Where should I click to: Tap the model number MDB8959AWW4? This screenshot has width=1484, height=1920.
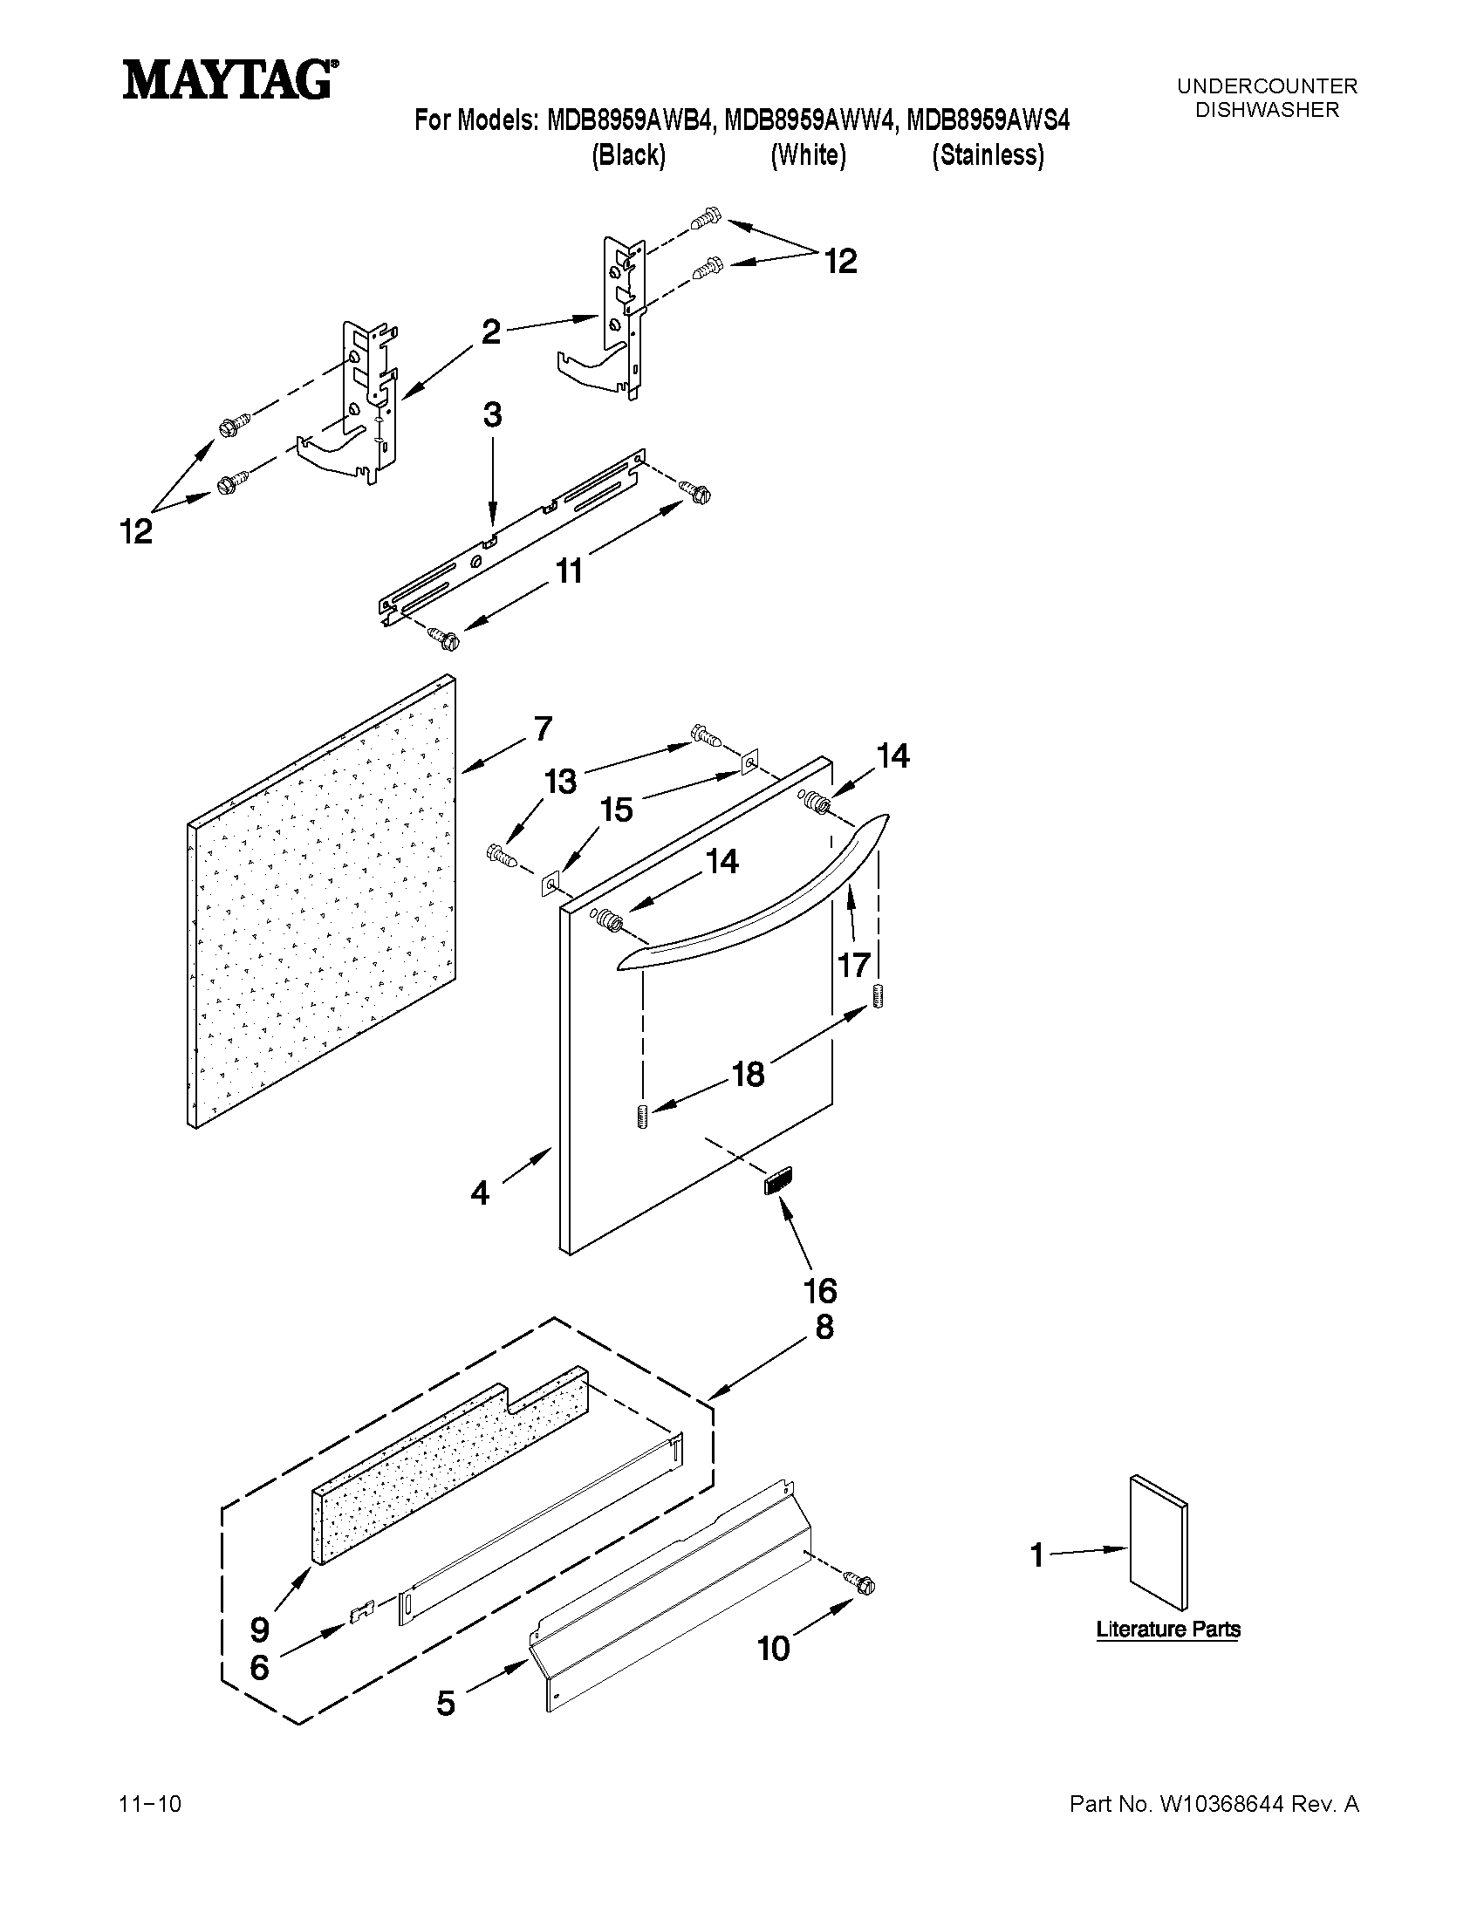pyautogui.click(x=810, y=120)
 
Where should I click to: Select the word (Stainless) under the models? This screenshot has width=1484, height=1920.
pyautogui.click(x=988, y=155)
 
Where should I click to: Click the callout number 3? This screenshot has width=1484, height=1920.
pyautogui.click(x=492, y=415)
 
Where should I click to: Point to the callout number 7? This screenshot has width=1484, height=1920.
pyautogui.click(x=543, y=728)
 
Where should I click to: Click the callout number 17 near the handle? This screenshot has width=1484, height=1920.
pyautogui.click(x=853, y=966)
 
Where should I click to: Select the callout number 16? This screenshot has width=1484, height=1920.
pyautogui.click(x=819, y=1290)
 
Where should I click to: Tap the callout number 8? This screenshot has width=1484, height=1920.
pyautogui.click(x=824, y=1327)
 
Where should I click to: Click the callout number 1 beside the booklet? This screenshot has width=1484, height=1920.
pyautogui.click(x=1037, y=1555)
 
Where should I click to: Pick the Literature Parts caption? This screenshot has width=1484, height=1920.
pyautogui.click(x=1167, y=1629)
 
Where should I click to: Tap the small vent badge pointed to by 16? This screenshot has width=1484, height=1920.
pyautogui.click(x=778, y=1181)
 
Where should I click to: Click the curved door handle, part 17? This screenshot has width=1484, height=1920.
pyautogui.click(x=756, y=897)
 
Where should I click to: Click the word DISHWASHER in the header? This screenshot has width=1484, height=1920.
pyautogui.click(x=1267, y=110)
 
